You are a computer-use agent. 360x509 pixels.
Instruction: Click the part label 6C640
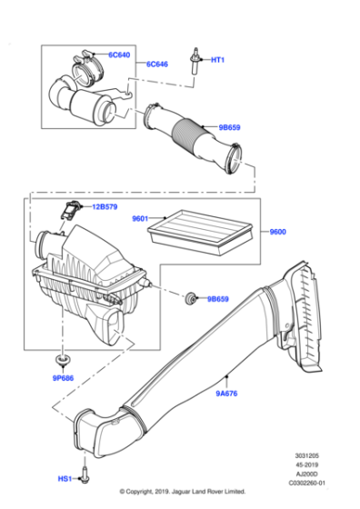pyautogui.click(x=120, y=55)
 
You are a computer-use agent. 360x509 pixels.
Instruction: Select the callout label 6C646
pyautogui.click(x=157, y=65)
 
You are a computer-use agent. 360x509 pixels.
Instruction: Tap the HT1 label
pyautogui.click(x=218, y=60)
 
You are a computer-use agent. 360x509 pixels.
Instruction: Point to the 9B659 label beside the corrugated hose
pyautogui.click(x=231, y=128)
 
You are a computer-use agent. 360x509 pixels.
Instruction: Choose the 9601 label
pyautogui.click(x=141, y=218)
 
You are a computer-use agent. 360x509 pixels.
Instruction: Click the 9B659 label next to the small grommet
pyautogui.click(x=219, y=298)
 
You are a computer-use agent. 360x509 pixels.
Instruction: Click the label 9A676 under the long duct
pyautogui.click(x=228, y=394)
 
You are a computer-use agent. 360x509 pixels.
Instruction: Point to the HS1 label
pyautogui.click(x=65, y=478)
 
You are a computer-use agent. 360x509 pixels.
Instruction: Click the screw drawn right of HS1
pyautogui.click(x=84, y=474)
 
